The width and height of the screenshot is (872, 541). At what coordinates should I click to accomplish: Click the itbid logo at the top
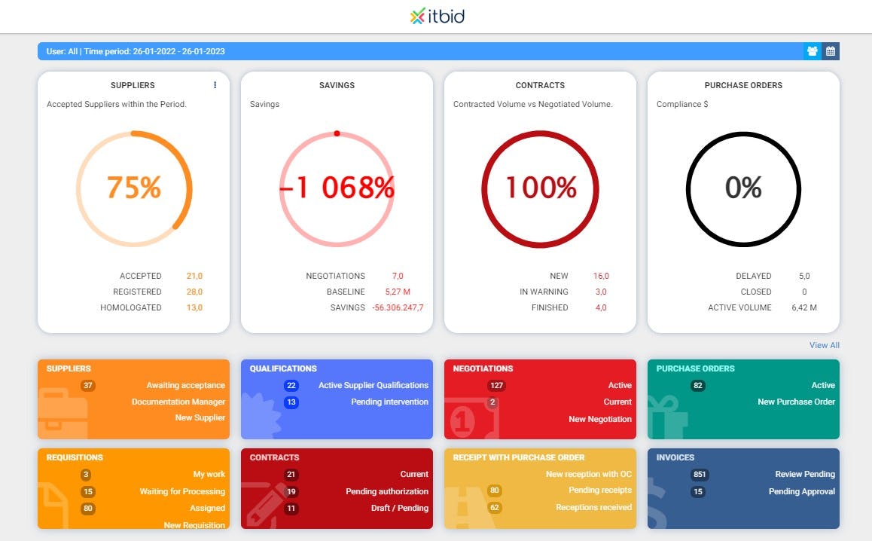click(x=438, y=16)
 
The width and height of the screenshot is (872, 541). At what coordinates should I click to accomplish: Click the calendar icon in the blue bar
click(x=831, y=51)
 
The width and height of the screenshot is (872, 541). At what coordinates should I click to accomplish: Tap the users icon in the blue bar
click(x=813, y=51)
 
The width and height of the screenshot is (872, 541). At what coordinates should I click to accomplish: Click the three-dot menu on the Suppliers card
click(x=215, y=85)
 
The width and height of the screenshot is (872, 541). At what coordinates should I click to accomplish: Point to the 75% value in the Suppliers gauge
click(x=134, y=187)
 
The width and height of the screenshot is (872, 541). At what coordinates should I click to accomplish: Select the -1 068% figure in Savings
click(x=337, y=188)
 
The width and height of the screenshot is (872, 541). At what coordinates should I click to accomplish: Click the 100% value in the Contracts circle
click(x=541, y=188)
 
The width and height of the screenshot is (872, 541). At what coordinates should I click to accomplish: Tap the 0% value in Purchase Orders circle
click(x=743, y=188)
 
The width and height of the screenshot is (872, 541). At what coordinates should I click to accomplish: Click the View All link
click(x=824, y=345)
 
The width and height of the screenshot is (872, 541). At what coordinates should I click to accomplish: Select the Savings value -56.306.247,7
click(x=398, y=307)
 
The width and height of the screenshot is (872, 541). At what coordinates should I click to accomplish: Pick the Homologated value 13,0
click(x=194, y=307)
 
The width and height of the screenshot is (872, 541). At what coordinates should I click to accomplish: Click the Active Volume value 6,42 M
click(x=804, y=307)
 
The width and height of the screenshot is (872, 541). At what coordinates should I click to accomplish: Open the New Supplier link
click(x=200, y=417)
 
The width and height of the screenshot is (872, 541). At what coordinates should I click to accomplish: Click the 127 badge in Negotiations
click(x=496, y=386)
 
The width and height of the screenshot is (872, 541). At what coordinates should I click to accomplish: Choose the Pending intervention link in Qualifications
click(x=389, y=402)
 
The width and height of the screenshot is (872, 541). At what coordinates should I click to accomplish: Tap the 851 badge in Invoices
click(x=700, y=475)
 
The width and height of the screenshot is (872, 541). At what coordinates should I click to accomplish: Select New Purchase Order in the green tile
click(x=796, y=402)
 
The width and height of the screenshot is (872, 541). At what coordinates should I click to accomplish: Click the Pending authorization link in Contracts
click(x=387, y=491)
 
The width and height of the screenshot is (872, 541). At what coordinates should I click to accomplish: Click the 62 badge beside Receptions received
click(x=494, y=508)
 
